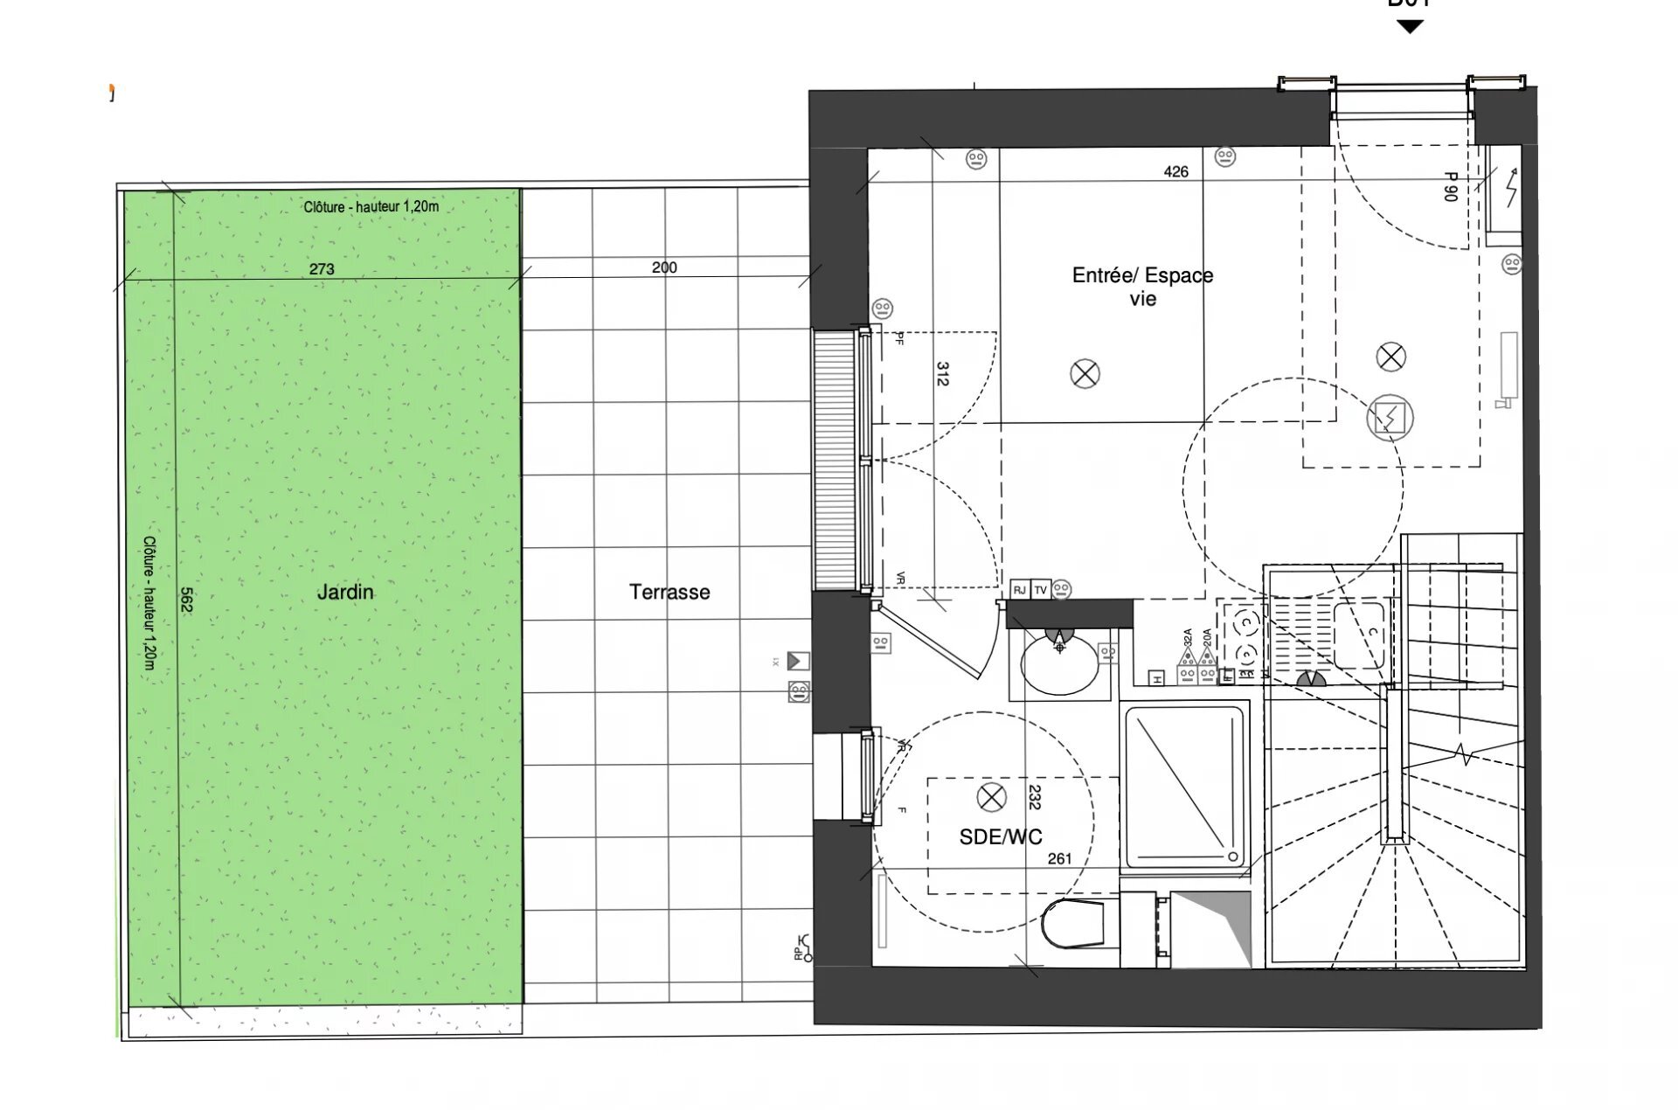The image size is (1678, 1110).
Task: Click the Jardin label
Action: [x=344, y=592]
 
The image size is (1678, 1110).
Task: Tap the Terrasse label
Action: [x=669, y=592]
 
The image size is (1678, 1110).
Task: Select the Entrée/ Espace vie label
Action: [x=1142, y=287]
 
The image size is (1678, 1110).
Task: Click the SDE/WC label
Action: [x=1001, y=836]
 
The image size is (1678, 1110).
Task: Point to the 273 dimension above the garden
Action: [x=322, y=269]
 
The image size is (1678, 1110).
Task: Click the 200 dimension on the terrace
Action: [x=664, y=267]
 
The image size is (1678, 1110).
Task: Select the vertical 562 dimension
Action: [x=186, y=599]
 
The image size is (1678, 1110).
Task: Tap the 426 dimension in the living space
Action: [x=1175, y=172]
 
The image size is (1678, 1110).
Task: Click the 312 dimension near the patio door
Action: [x=942, y=374]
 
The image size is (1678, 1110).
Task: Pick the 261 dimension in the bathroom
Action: [x=1059, y=859]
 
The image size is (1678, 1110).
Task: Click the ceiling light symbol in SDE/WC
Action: [x=991, y=797]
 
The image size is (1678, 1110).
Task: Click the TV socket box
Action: [x=1041, y=590]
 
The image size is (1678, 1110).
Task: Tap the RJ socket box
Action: [x=1020, y=590]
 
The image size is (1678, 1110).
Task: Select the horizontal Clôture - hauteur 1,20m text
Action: [x=371, y=207]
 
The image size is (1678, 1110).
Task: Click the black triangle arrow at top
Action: [x=1410, y=27]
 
